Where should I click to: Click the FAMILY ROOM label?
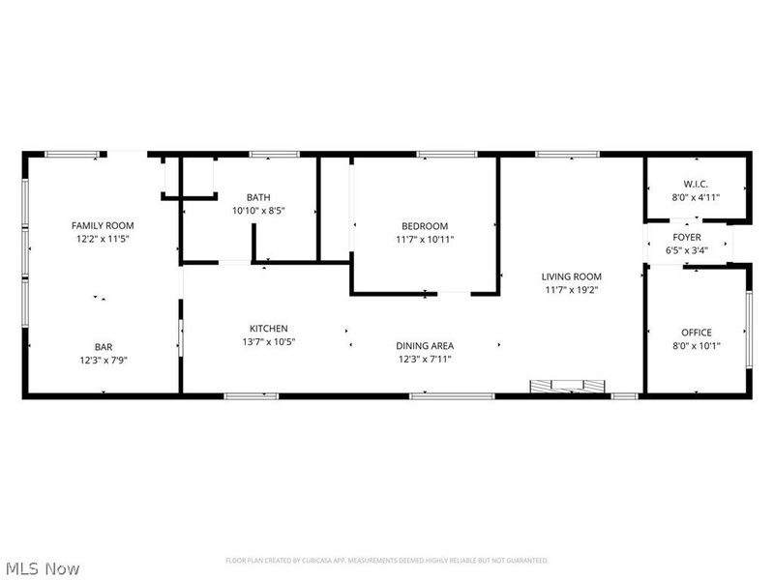coord(103,224)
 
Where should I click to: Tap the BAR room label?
coord(103,346)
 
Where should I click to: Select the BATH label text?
coord(258,196)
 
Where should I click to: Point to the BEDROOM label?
coord(425,225)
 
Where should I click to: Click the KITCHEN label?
coord(268,329)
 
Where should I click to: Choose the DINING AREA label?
coord(425,346)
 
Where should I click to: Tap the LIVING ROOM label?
coord(572,275)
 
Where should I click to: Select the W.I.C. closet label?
coord(696,184)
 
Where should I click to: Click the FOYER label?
coord(687,237)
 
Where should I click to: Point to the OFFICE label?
coord(696,333)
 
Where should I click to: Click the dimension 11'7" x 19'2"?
coord(572,289)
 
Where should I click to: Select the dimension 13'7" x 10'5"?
coord(268,342)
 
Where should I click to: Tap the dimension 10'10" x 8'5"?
coord(258,210)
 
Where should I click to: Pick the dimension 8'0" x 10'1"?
coord(696,346)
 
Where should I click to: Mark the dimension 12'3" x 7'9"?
coord(103,360)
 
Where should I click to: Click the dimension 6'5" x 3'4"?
coord(687,250)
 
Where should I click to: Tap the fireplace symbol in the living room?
coord(568,387)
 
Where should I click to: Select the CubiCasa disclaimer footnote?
coord(387,561)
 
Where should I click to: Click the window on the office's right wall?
coord(748,330)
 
